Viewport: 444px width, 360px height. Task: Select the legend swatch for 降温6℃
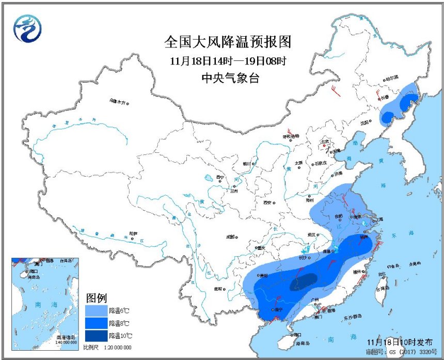click(x=96, y=310)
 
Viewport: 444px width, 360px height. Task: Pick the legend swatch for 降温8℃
click(x=96, y=323)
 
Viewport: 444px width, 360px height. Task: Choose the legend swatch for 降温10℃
click(x=96, y=335)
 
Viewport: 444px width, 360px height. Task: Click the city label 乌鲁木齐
click(x=117, y=102)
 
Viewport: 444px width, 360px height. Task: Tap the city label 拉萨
click(x=134, y=233)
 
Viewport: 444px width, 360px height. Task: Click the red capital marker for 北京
click(x=324, y=146)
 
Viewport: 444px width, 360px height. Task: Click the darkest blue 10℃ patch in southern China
click(x=303, y=282)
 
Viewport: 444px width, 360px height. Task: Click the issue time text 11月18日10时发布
click(x=395, y=342)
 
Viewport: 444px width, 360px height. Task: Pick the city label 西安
click(x=267, y=202)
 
